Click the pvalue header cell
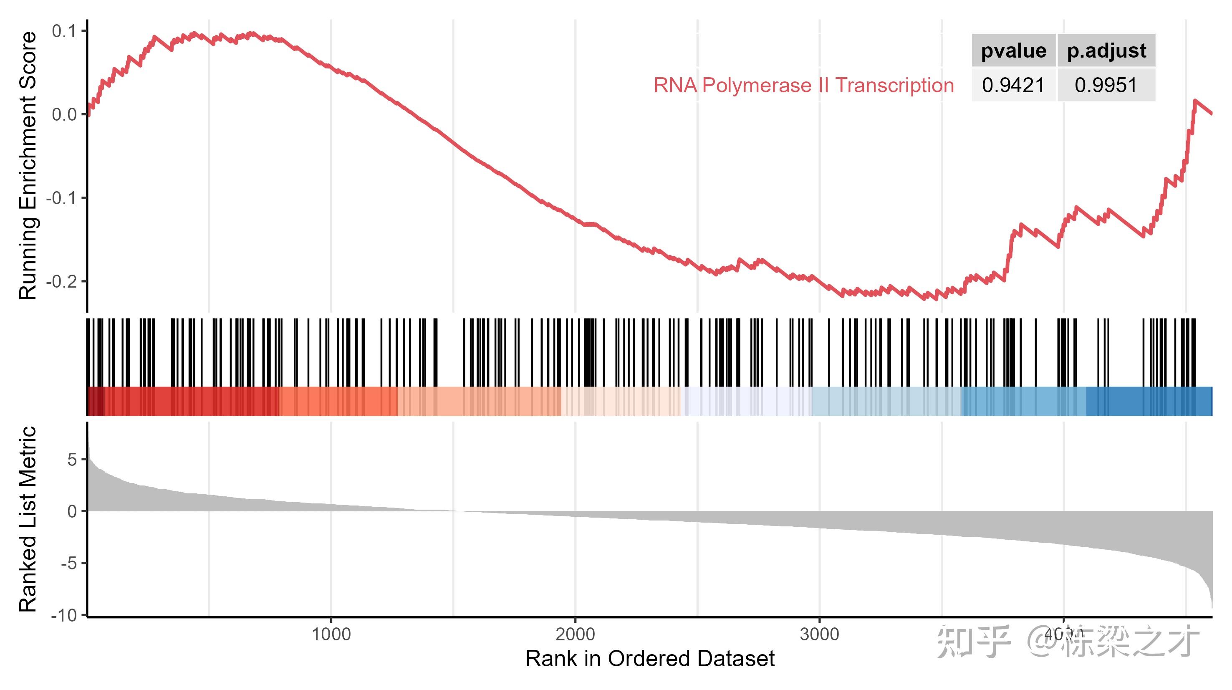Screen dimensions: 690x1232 (1013, 50)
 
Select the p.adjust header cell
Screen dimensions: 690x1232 (1106, 50)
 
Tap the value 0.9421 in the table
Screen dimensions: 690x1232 (1013, 85)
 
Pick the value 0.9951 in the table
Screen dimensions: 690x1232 (1106, 85)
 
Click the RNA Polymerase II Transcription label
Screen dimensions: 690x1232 (803, 85)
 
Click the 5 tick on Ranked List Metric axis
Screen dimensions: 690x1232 (72, 460)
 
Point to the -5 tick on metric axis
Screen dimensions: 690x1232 (69, 563)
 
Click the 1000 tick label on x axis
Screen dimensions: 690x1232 (331, 634)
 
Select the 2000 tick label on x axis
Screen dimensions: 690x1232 (576, 634)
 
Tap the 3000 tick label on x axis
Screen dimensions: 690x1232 (820, 634)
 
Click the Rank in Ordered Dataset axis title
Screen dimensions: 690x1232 (649, 659)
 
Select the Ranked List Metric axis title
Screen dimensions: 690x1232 (27, 519)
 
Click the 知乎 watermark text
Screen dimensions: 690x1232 (973, 641)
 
